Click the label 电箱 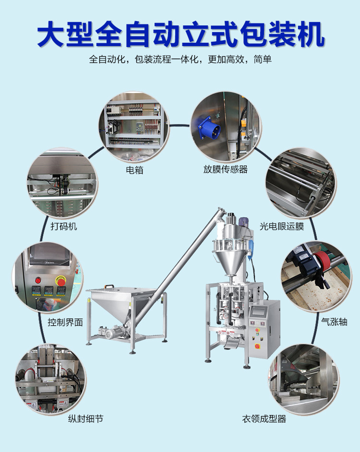click(134, 170)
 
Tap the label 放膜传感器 click(225, 169)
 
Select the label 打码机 click(64, 226)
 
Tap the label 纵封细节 click(85, 419)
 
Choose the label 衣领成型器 click(264, 419)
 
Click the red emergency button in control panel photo click(61, 281)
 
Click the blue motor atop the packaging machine click(242, 222)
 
